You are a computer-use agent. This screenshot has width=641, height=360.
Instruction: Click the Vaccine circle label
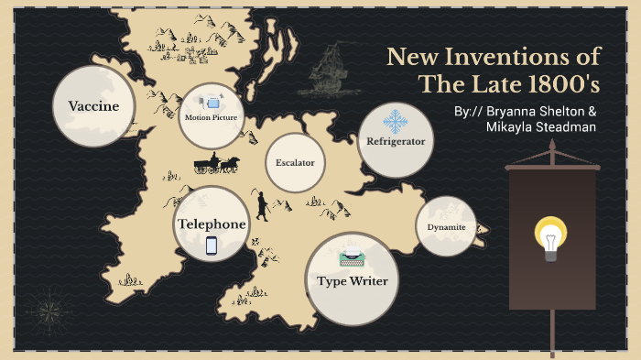click(x=93, y=106)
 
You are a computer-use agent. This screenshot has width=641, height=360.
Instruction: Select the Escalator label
click(x=295, y=163)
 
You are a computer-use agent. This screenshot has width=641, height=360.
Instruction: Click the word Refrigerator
click(x=395, y=142)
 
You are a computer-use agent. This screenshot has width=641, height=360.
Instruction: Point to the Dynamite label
click(x=446, y=226)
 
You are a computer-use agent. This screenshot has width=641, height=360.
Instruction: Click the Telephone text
click(x=212, y=224)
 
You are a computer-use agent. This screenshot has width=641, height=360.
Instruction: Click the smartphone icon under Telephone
click(x=212, y=245)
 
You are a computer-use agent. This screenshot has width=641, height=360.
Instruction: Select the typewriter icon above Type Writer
click(x=352, y=258)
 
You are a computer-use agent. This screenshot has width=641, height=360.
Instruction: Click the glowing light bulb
click(x=549, y=237)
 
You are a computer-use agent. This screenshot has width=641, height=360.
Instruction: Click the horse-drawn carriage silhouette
click(x=216, y=164)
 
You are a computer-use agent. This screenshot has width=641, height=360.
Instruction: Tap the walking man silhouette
click(x=262, y=205)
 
